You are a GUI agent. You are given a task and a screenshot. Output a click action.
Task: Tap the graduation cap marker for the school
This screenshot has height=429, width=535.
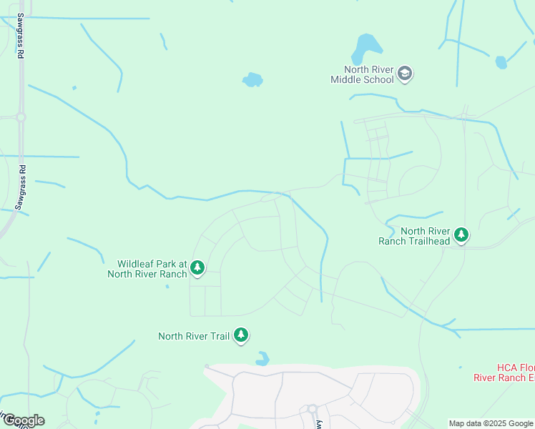(406, 74)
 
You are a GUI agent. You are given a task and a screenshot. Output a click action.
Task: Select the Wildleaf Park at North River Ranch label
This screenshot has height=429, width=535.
(147, 268)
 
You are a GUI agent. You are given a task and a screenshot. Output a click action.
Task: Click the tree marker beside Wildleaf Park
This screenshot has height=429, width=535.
(197, 268)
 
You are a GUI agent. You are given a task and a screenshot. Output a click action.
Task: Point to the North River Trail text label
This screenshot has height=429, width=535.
(193, 336)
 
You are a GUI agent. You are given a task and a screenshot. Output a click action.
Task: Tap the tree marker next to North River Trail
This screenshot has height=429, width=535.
(242, 335)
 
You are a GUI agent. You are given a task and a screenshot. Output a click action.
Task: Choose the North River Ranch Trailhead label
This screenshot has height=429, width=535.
(415, 236)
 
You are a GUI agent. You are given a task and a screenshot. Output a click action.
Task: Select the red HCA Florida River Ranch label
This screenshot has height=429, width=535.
(504, 372)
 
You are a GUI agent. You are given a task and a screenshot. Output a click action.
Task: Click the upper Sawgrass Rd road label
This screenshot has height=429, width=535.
(21, 36)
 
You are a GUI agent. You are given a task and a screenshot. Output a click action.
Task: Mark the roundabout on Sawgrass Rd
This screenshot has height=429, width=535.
(21, 117)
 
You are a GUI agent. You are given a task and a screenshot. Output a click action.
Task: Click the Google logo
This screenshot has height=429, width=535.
(23, 420)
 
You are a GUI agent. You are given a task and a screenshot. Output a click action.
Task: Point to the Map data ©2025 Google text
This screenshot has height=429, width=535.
(491, 423)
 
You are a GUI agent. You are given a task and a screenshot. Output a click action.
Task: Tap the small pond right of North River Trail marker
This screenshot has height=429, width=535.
(262, 358)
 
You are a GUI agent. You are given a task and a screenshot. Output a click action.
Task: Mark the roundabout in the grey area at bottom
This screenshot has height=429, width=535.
(312, 409)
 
